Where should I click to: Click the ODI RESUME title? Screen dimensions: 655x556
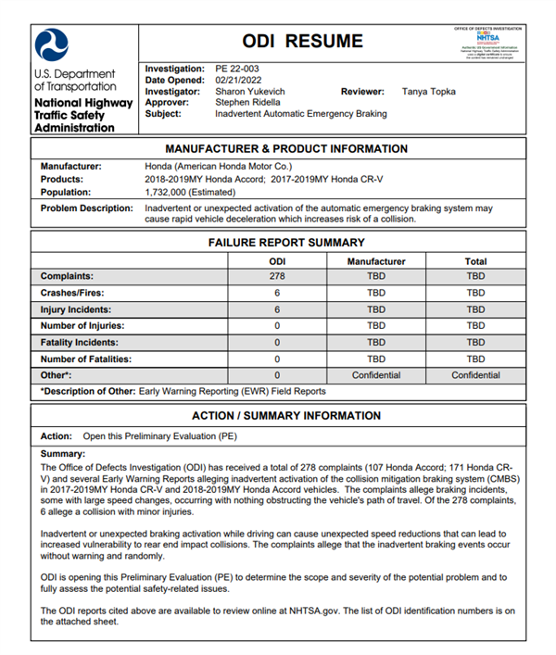coord(302,41)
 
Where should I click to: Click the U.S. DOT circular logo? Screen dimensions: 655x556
coord(52,44)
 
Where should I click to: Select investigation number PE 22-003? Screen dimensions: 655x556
coord(239,69)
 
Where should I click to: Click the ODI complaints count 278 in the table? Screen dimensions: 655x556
coord(277,276)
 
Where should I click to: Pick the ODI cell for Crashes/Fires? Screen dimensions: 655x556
coord(277,293)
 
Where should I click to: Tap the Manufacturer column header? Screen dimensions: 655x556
coord(376,261)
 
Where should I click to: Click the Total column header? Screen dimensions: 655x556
coord(475,261)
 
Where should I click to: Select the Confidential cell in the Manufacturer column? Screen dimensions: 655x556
coord(376,375)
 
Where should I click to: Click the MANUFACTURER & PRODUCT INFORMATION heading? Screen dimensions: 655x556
coord(285,148)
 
